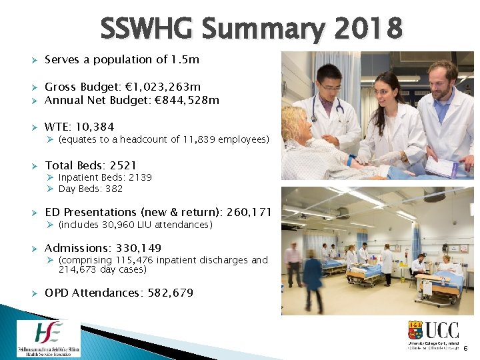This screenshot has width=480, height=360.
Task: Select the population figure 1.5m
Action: pyautogui.click(x=185, y=59)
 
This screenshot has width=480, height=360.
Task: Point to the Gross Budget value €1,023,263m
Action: pyautogui.click(x=166, y=87)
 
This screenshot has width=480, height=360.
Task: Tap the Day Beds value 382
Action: pyautogui.click(x=114, y=189)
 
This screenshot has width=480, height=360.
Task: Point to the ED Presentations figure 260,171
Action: pyautogui.click(x=249, y=212)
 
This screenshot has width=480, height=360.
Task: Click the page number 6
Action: pyautogui.click(x=465, y=348)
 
